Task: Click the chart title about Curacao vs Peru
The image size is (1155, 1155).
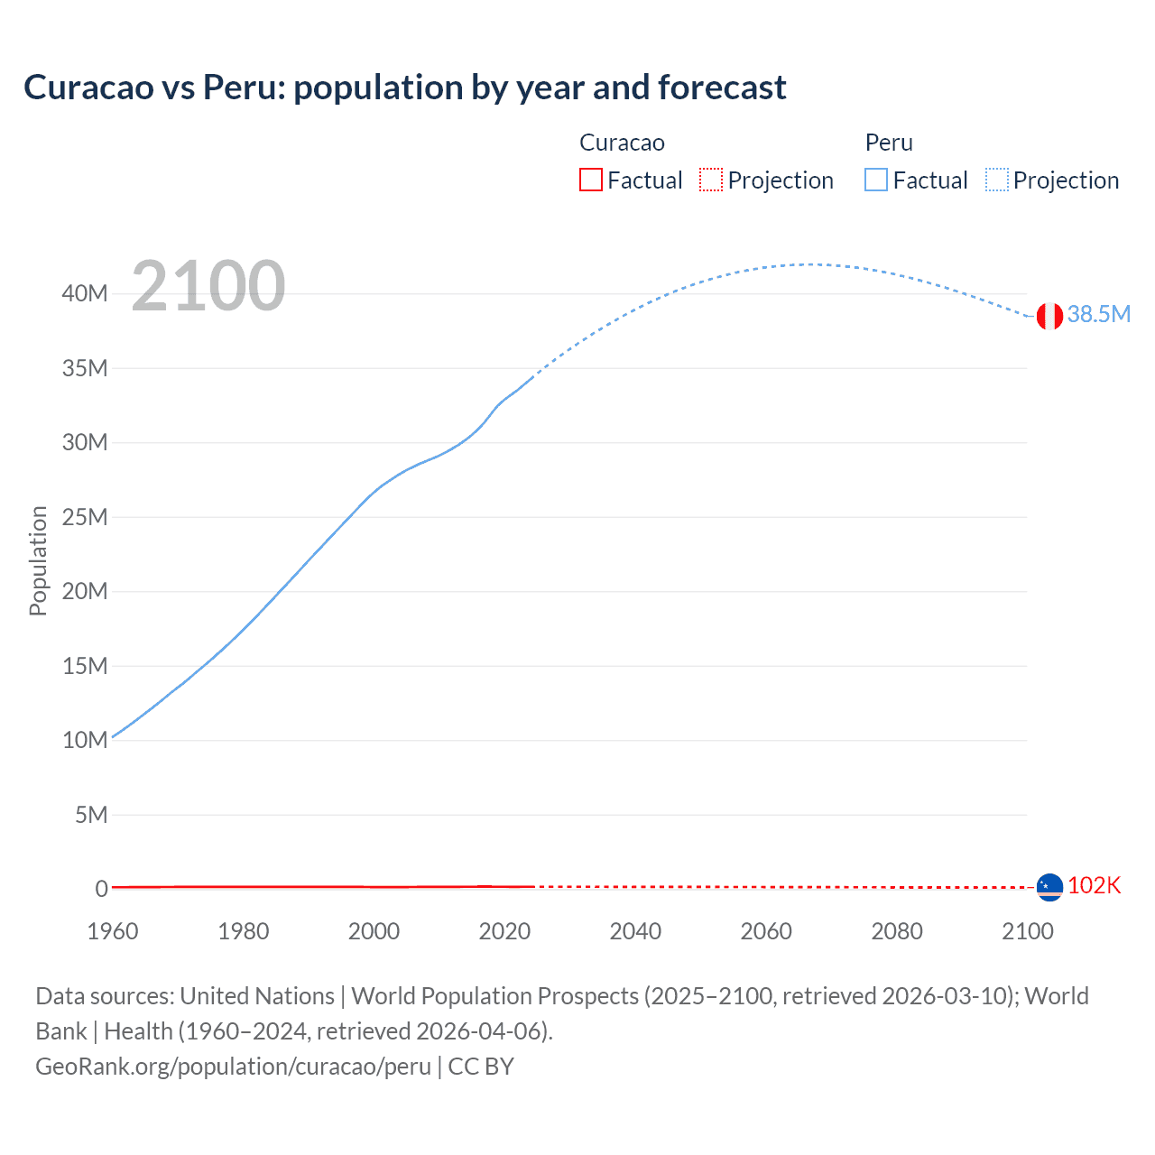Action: [405, 88]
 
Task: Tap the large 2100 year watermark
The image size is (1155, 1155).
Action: [208, 286]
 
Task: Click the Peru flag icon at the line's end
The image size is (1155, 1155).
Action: [1049, 316]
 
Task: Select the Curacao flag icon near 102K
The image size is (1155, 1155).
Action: [1049, 887]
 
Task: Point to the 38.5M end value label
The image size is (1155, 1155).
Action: [1098, 314]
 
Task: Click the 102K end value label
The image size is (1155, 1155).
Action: [1094, 885]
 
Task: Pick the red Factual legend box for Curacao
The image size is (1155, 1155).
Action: [590, 180]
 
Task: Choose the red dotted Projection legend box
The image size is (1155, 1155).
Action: [711, 180]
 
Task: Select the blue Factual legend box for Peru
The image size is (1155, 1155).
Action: [876, 180]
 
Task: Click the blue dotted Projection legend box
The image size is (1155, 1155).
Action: [997, 180]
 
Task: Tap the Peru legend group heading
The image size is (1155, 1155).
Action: [889, 143]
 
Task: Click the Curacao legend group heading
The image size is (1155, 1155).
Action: [622, 143]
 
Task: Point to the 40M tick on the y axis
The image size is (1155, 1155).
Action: [86, 293]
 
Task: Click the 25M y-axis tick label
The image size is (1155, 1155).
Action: [86, 517]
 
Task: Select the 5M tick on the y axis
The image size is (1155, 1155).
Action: [91, 815]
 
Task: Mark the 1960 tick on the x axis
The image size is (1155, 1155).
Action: [113, 931]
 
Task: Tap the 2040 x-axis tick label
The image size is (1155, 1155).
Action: [635, 931]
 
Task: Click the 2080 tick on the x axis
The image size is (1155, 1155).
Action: [897, 931]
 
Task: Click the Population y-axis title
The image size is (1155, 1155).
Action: [38, 560]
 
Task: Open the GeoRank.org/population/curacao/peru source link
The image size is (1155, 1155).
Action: [233, 1067]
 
